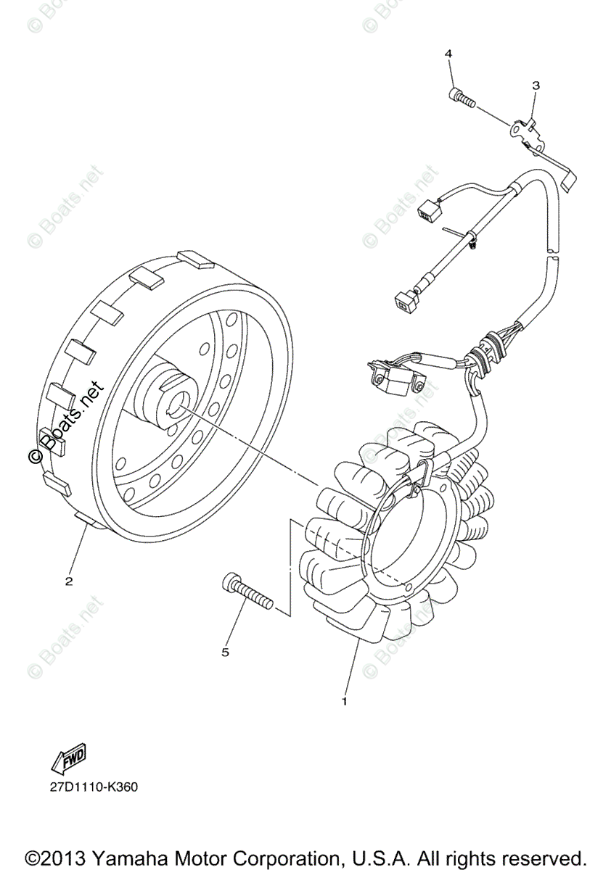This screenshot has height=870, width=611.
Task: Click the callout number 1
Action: coord(344,701)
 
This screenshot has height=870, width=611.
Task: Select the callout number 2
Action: coord(69,581)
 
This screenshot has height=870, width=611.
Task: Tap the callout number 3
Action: coord(536,86)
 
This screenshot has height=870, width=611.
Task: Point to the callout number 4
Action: coord(448,54)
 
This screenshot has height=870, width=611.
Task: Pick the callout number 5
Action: coord(225,652)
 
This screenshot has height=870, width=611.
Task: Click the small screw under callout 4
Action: coord(462,98)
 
